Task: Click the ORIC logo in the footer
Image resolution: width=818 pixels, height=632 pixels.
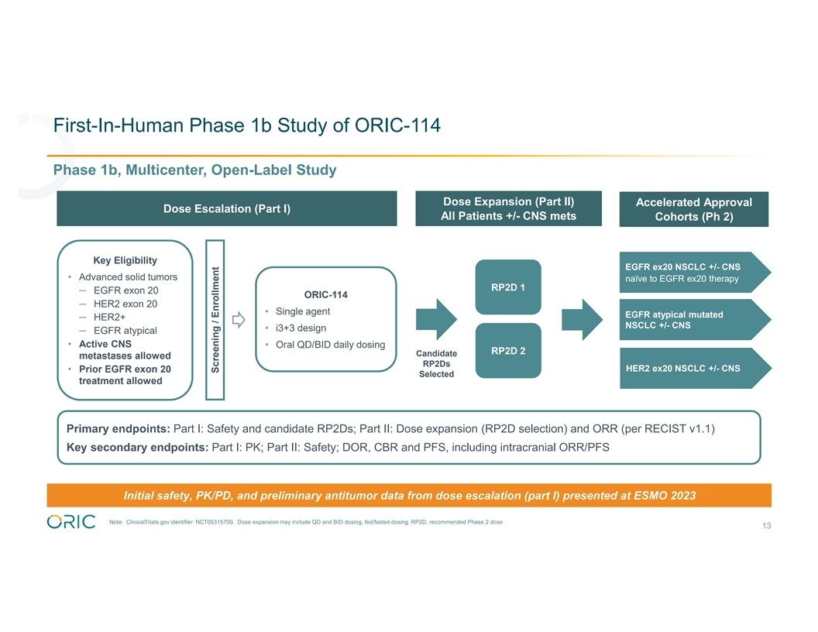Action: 71,521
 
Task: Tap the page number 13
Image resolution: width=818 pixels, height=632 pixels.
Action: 766,527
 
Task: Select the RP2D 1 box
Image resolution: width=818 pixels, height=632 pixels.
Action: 508,288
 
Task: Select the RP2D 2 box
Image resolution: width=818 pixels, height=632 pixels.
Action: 508,351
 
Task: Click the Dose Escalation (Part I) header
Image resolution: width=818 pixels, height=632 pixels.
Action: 227,209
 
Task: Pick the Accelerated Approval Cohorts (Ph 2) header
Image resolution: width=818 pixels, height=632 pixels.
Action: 693,209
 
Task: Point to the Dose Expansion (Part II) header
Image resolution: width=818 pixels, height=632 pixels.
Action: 508,208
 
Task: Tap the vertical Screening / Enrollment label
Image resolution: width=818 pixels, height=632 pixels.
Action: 216,319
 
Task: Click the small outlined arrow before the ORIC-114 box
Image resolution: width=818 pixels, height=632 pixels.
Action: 239,320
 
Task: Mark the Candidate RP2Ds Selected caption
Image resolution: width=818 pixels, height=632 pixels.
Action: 436,364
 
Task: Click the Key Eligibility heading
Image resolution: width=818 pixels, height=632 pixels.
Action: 125,260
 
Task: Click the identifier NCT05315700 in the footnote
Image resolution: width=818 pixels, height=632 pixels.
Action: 211,522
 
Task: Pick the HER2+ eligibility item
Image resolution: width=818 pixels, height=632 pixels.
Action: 109,318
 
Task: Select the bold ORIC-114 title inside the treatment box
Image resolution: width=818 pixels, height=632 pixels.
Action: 326,294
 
